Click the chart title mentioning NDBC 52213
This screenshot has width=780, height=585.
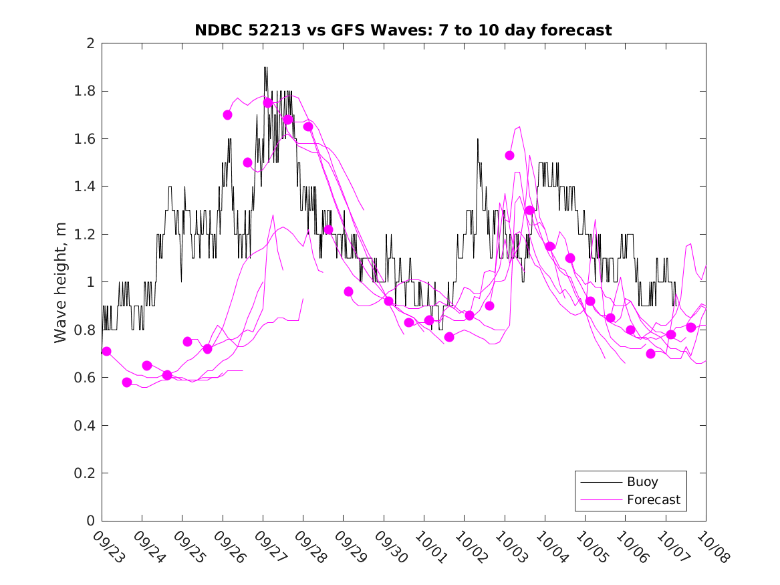pos(403,30)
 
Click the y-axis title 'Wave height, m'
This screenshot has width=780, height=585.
pos(61,281)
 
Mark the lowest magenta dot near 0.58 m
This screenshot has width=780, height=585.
pos(127,382)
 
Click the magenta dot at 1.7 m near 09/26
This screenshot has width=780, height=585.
pos(227,115)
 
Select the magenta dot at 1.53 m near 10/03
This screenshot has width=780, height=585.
pos(509,155)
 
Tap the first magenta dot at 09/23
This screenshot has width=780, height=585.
pos(106,351)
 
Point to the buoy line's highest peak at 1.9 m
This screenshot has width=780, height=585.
pos(265,68)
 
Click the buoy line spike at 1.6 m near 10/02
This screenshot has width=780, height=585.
pos(478,139)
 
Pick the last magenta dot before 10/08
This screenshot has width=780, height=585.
pos(691,328)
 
